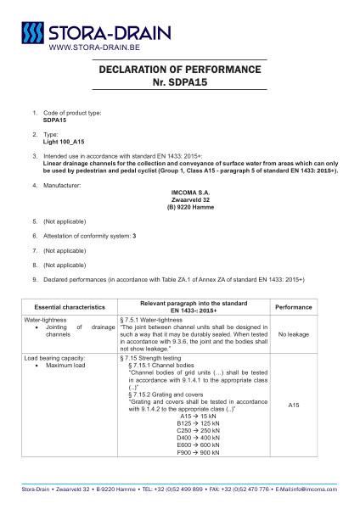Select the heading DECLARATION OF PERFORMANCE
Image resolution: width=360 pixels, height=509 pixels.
[x=179, y=70]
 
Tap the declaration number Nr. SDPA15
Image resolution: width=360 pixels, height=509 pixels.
[x=179, y=83]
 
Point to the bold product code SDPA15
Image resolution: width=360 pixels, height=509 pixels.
[x=55, y=120]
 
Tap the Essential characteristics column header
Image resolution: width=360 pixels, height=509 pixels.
[x=69, y=306]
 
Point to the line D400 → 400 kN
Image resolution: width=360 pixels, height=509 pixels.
[x=197, y=437]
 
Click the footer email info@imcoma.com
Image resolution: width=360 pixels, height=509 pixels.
[x=312, y=489]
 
